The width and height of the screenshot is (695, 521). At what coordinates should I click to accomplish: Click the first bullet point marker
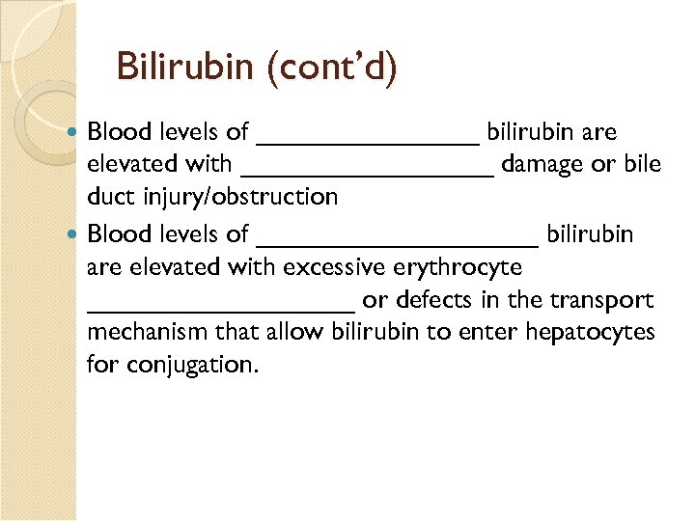[76, 131]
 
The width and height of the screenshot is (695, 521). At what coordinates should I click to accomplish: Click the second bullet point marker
[76, 233]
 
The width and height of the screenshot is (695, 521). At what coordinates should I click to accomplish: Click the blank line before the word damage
[367, 174]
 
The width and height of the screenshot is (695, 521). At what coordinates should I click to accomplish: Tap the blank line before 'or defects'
[220, 309]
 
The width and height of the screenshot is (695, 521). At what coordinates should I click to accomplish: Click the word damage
[542, 164]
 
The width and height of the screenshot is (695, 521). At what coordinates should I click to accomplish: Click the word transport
[602, 300]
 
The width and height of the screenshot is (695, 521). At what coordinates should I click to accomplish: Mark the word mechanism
[147, 332]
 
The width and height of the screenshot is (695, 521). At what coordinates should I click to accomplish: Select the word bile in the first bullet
[642, 164]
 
